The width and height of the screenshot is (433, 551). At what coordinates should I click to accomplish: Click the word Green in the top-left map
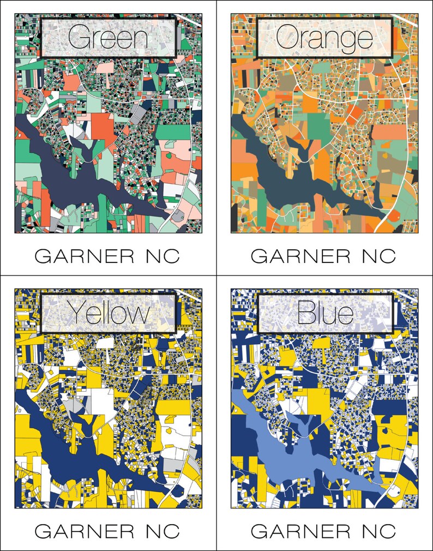pyautogui.click(x=109, y=38)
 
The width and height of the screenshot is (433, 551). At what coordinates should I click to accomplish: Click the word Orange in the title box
pyautogui.click(x=324, y=38)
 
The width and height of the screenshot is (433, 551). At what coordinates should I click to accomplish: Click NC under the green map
pyautogui.click(x=163, y=256)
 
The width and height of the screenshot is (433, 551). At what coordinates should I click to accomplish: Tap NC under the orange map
pyautogui.click(x=378, y=256)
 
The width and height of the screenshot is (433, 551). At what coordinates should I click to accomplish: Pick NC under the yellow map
pyautogui.click(x=163, y=531)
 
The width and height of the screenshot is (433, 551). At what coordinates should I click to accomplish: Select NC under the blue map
pyautogui.click(x=378, y=531)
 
